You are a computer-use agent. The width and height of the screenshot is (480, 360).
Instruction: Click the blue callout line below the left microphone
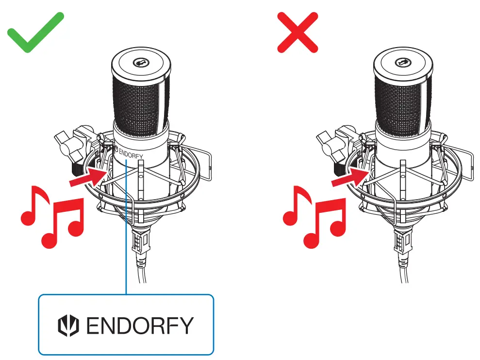(126, 253)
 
